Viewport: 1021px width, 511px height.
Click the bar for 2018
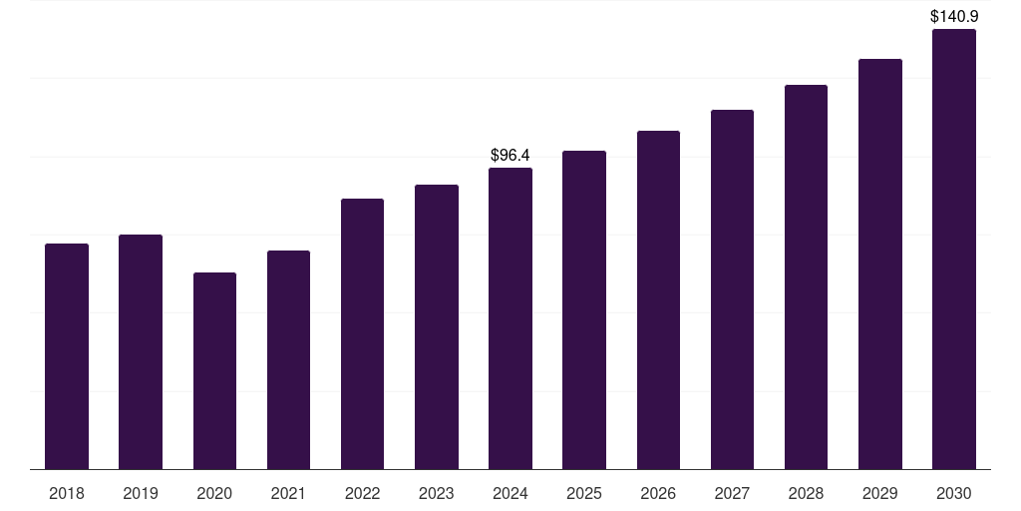click(x=67, y=356)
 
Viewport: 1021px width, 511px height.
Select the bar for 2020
click(x=214, y=370)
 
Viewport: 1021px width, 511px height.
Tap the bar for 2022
click(x=362, y=333)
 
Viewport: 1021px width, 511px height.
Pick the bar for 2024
click(x=510, y=318)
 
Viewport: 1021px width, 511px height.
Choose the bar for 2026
click(x=658, y=299)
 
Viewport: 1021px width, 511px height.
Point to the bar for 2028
click(x=806, y=276)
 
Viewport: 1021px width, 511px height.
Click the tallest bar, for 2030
click(x=953, y=249)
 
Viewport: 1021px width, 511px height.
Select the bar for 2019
click(x=141, y=351)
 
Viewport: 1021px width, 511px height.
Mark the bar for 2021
click(x=288, y=359)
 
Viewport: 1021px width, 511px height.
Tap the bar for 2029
click(x=879, y=263)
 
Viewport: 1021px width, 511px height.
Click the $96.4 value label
click(x=510, y=156)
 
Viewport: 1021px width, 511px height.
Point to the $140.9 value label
click(x=953, y=17)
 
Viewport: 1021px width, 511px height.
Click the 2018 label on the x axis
click(x=67, y=493)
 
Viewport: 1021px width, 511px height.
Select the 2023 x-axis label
click(x=436, y=493)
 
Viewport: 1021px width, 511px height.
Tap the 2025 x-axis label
click(x=584, y=493)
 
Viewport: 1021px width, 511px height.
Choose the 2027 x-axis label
click(x=732, y=493)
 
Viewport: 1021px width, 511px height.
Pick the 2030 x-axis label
click(x=953, y=493)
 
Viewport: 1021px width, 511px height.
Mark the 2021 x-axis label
click(x=288, y=493)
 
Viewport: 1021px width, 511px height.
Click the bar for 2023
click(x=436, y=326)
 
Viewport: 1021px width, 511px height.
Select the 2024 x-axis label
click(x=510, y=493)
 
